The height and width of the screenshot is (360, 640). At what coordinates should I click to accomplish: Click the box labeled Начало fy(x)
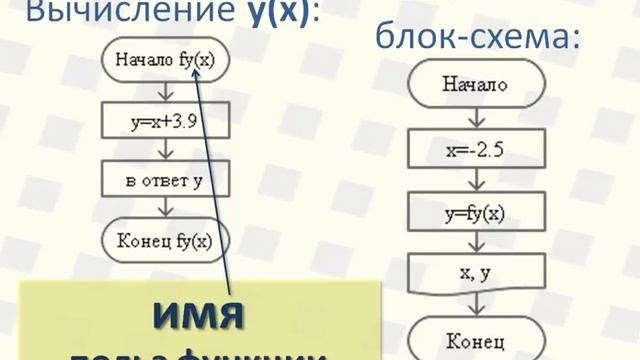tap(165, 62)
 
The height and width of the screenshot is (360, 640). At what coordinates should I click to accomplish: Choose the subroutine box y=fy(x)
tap(476, 212)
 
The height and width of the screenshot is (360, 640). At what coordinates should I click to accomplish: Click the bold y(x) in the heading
tap(271, 13)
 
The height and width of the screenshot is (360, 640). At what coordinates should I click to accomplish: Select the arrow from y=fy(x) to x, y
tap(476, 242)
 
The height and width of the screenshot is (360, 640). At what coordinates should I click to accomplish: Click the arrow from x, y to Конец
tap(476, 304)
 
